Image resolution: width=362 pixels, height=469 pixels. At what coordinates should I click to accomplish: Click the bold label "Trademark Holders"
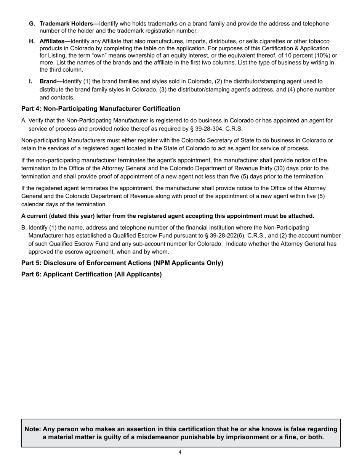coord(69,24)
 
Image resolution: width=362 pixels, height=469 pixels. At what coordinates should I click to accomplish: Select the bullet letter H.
coord(32,41)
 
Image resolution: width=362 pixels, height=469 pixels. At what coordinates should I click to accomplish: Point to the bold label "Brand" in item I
coord(51,81)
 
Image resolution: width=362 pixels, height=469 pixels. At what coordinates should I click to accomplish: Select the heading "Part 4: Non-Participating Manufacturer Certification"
coord(101,109)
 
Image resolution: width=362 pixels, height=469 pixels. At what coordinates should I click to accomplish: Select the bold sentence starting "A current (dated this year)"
coord(168,216)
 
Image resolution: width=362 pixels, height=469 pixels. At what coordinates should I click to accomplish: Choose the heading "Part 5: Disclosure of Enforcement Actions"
coord(122,263)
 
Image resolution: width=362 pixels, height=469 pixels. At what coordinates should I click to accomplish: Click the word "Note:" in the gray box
coord(33,429)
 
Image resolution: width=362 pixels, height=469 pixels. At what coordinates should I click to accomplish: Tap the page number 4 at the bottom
coord(180,453)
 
